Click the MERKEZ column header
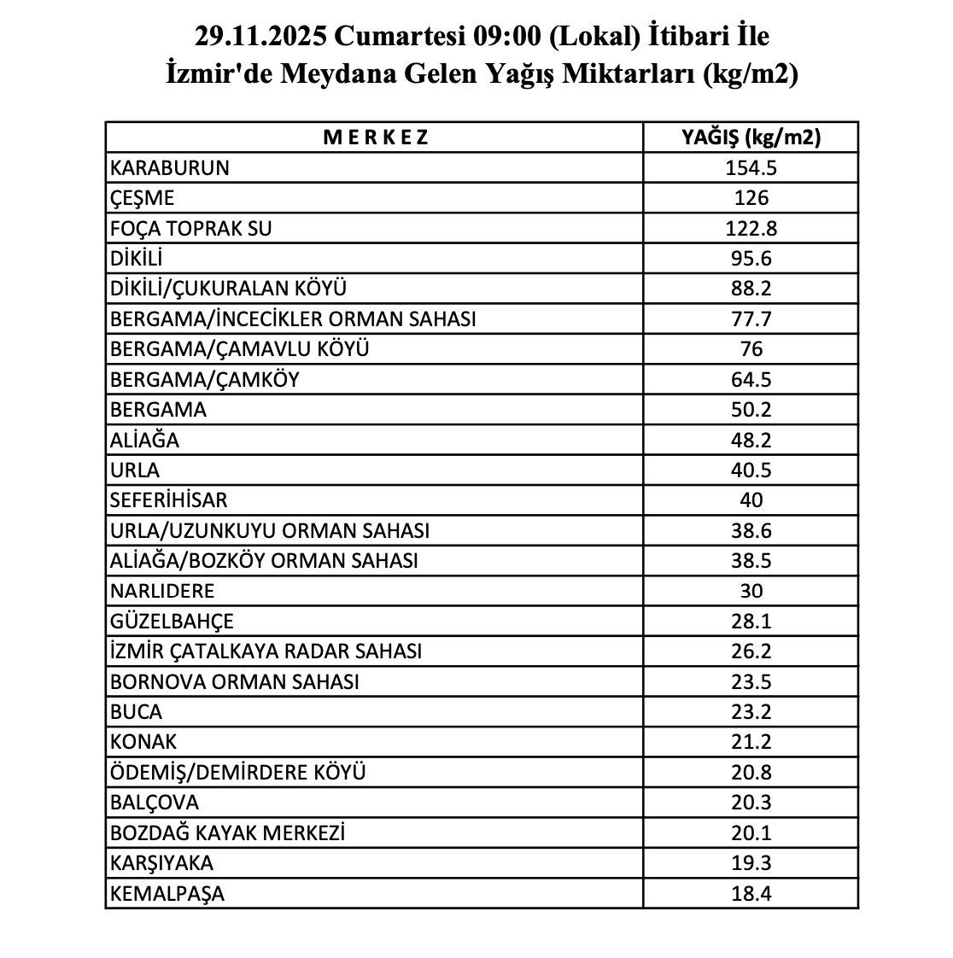click(376, 137)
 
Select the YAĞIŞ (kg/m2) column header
click(751, 137)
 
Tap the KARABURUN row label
click(170, 167)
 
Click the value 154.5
click(751, 167)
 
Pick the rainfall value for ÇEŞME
click(751, 198)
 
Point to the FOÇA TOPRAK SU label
click(191, 228)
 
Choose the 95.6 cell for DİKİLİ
click(751, 259)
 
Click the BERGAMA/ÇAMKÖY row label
click(205, 379)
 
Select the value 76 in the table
click(751, 349)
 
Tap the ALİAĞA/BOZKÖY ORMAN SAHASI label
click(265, 561)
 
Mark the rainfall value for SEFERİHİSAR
click(751, 500)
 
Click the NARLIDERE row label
click(162, 591)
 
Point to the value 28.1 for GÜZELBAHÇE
click(751, 622)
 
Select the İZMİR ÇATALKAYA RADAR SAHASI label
click(266, 651)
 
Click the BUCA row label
click(136, 712)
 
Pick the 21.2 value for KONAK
click(751, 742)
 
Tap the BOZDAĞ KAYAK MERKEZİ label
click(228, 832)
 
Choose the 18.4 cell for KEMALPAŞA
click(751, 894)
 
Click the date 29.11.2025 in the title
click(261, 37)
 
